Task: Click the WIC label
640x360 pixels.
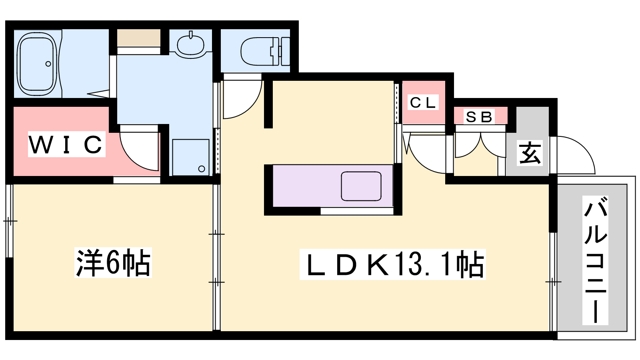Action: pos(66,144)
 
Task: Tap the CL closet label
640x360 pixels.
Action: pos(422,102)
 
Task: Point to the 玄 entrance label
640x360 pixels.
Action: pos(530,153)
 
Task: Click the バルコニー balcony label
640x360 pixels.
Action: pos(596,260)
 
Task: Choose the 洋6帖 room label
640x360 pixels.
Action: pos(113,262)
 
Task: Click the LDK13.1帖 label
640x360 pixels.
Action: pos(392,264)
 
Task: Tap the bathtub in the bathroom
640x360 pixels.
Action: pos(36,64)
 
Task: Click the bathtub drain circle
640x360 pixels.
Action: pos(48,64)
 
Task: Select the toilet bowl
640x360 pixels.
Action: pos(265,52)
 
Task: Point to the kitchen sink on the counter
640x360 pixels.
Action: pos(361,186)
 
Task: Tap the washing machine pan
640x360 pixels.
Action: pos(190,157)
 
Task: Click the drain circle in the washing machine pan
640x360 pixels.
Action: pos(202,169)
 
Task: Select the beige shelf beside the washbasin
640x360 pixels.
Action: pos(138,38)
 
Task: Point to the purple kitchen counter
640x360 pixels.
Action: pos(333,186)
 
